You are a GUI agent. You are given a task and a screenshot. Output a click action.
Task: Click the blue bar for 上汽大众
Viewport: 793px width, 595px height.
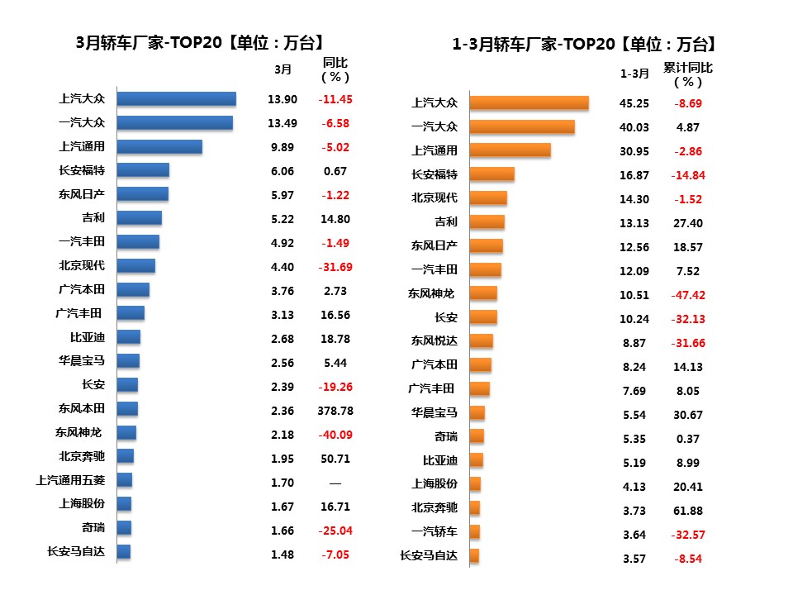(176, 99)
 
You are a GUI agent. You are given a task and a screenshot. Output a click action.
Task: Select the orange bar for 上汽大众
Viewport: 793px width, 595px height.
(529, 102)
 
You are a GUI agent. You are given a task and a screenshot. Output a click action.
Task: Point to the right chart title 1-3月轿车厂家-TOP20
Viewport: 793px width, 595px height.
(584, 44)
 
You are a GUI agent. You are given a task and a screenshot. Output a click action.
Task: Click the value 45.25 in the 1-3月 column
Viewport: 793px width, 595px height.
(634, 103)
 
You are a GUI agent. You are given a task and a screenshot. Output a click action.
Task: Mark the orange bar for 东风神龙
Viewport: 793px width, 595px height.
(483, 293)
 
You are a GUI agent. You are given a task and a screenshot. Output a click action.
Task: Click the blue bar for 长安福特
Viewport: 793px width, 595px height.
(143, 170)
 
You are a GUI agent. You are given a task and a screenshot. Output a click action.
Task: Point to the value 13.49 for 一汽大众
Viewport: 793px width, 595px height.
(282, 123)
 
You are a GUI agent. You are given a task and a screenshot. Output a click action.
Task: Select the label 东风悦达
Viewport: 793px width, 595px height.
(434, 340)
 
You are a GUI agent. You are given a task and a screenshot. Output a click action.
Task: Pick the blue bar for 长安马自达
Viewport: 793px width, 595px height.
(124, 552)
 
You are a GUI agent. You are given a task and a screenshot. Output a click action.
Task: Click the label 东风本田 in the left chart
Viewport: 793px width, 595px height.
(81, 408)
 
